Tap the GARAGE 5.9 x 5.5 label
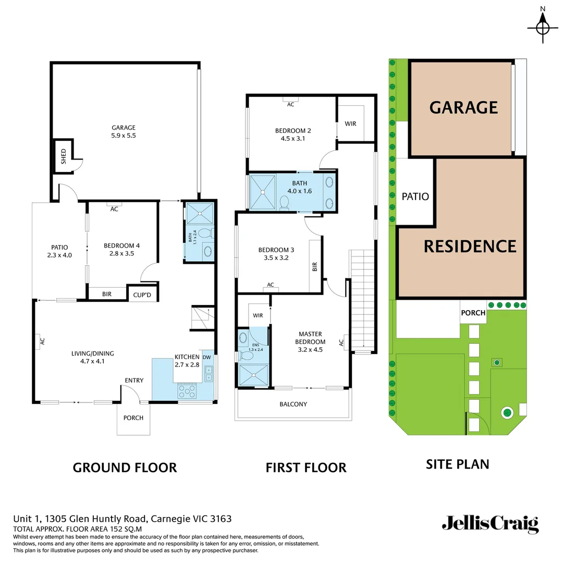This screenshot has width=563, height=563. [x=124, y=131]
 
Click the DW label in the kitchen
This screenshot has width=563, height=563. [x=207, y=357]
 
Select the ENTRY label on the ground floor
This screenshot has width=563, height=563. [x=134, y=380]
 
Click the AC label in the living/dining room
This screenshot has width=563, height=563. [x=43, y=341]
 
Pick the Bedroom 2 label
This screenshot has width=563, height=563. [x=293, y=134]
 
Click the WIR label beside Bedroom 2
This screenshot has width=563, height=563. [x=350, y=124]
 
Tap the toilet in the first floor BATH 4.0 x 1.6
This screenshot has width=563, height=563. [x=285, y=202]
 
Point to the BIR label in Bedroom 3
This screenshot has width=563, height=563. [x=315, y=267]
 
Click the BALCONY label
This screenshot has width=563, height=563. [x=293, y=404]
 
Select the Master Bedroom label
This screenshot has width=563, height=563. [x=310, y=341]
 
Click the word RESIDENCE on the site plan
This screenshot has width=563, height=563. [x=470, y=246]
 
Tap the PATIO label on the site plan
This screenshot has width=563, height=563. [x=415, y=197]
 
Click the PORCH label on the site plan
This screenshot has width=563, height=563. [x=473, y=313]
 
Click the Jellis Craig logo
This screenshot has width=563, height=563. [x=490, y=523]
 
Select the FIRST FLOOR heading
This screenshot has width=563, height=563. [x=306, y=467]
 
